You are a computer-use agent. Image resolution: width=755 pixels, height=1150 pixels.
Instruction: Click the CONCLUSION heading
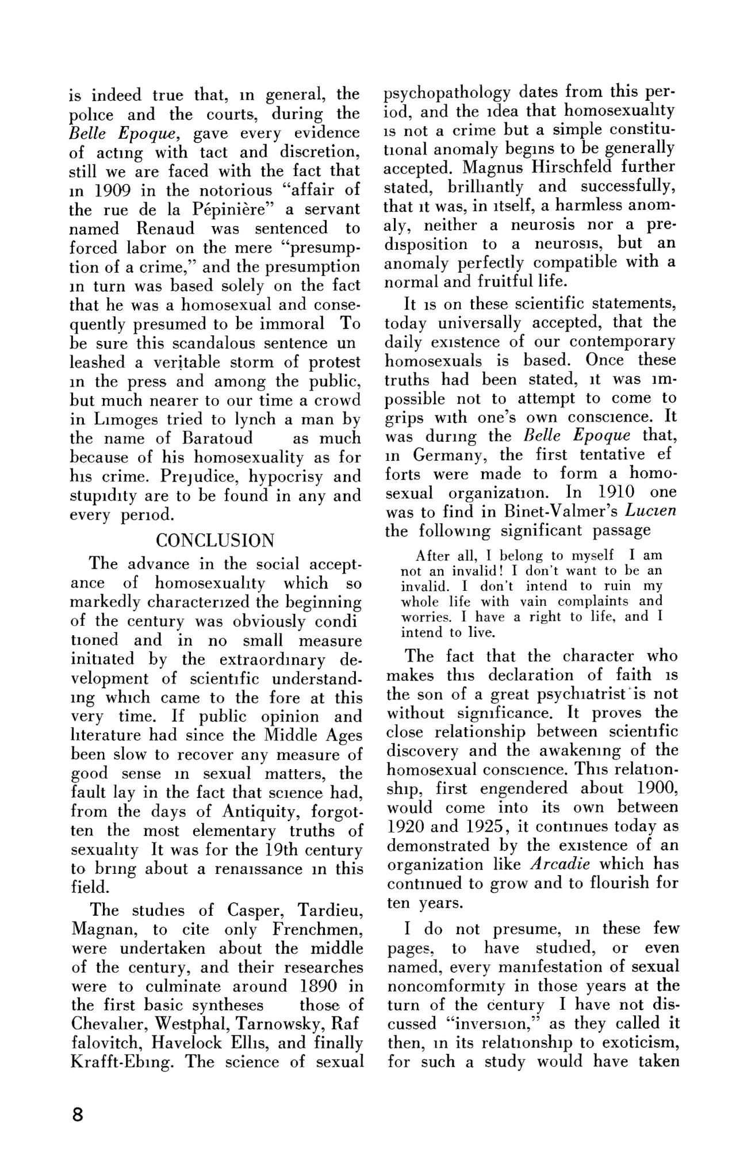pos(215,541)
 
